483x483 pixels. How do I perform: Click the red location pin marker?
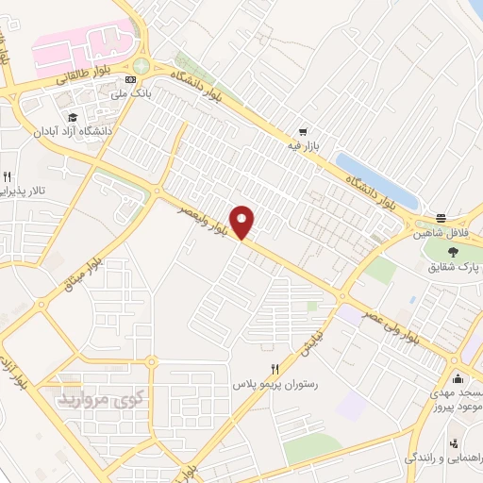tap(242, 222)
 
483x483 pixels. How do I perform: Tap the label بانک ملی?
tap(131, 94)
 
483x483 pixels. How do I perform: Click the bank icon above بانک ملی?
tap(131, 80)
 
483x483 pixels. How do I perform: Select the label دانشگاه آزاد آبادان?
tap(71, 131)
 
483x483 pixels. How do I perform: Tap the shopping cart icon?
tap(301, 132)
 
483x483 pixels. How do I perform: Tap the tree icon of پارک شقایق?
tap(453, 252)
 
